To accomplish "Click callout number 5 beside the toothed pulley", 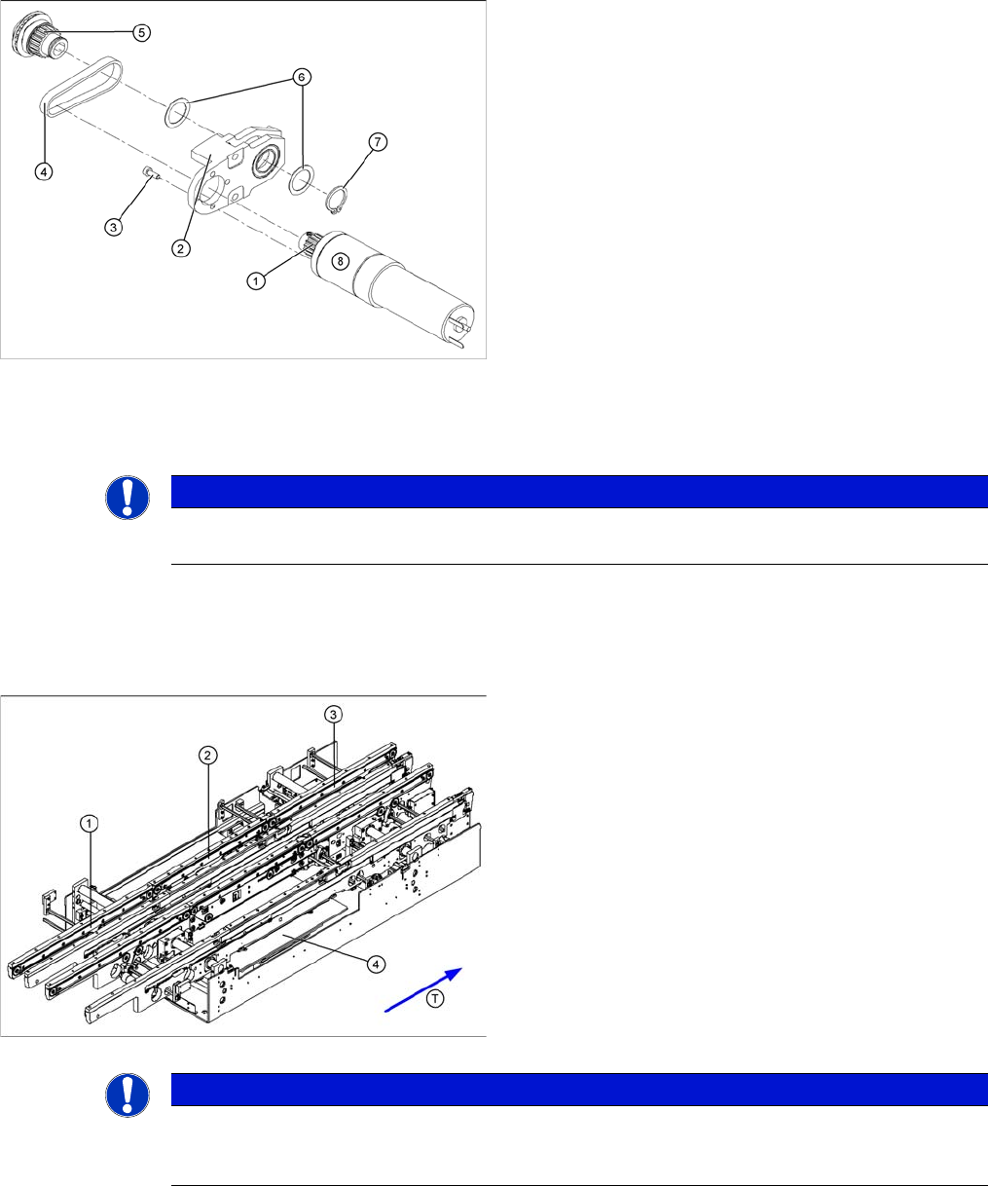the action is pyautogui.click(x=141, y=32).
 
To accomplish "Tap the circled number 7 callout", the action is pyautogui.click(x=378, y=141).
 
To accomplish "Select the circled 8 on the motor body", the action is pyautogui.click(x=340, y=261).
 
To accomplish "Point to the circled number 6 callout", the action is pyautogui.click(x=302, y=77).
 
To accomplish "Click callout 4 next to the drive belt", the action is pyautogui.click(x=44, y=171).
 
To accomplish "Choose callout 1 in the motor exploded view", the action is pyautogui.click(x=255, y=280).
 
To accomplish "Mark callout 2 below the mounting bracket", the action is pyautogui.click(x=181, y=248).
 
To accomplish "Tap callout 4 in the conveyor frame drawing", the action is pyautogui.click(x=376, y=964).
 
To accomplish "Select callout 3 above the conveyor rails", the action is pyautogui.click(x=333, y=714).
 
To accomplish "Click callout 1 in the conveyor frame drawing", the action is pyautogui.click(x=90, y=823).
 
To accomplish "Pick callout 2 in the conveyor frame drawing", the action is pyautogui.click(x=208, y=755).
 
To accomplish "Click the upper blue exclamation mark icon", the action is pyautogui.click(x=128, y=498).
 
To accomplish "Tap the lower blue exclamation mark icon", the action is pyautogui.click(x=128, y=1094).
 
